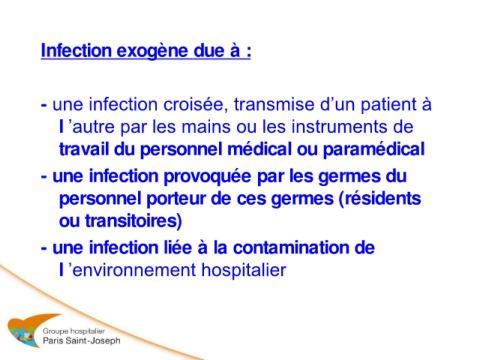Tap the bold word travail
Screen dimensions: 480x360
point(84,149)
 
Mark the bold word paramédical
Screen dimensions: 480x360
point(374,150)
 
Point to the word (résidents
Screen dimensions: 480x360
point(380,199)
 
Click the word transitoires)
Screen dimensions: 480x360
point(133,221)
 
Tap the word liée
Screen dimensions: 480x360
point(178,248)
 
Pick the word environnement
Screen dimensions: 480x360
point(134,270)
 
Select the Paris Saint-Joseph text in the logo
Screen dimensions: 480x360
point(81,341)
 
